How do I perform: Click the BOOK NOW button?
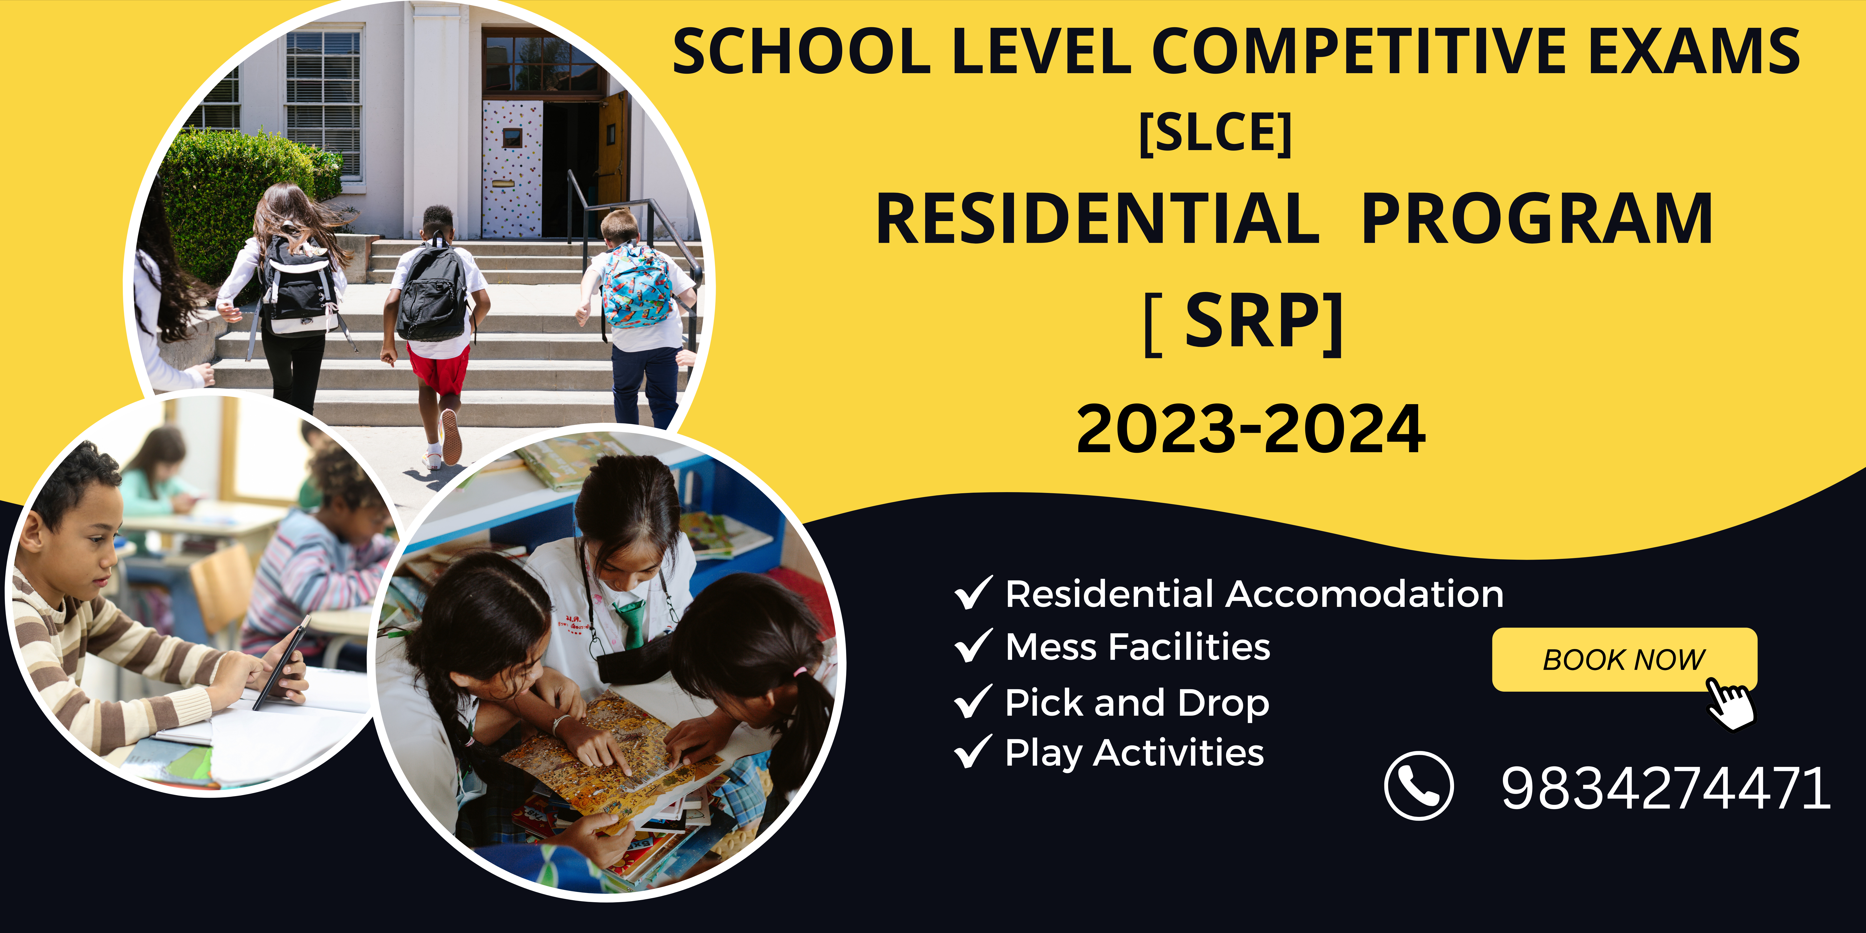click(x=1624, y=659)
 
